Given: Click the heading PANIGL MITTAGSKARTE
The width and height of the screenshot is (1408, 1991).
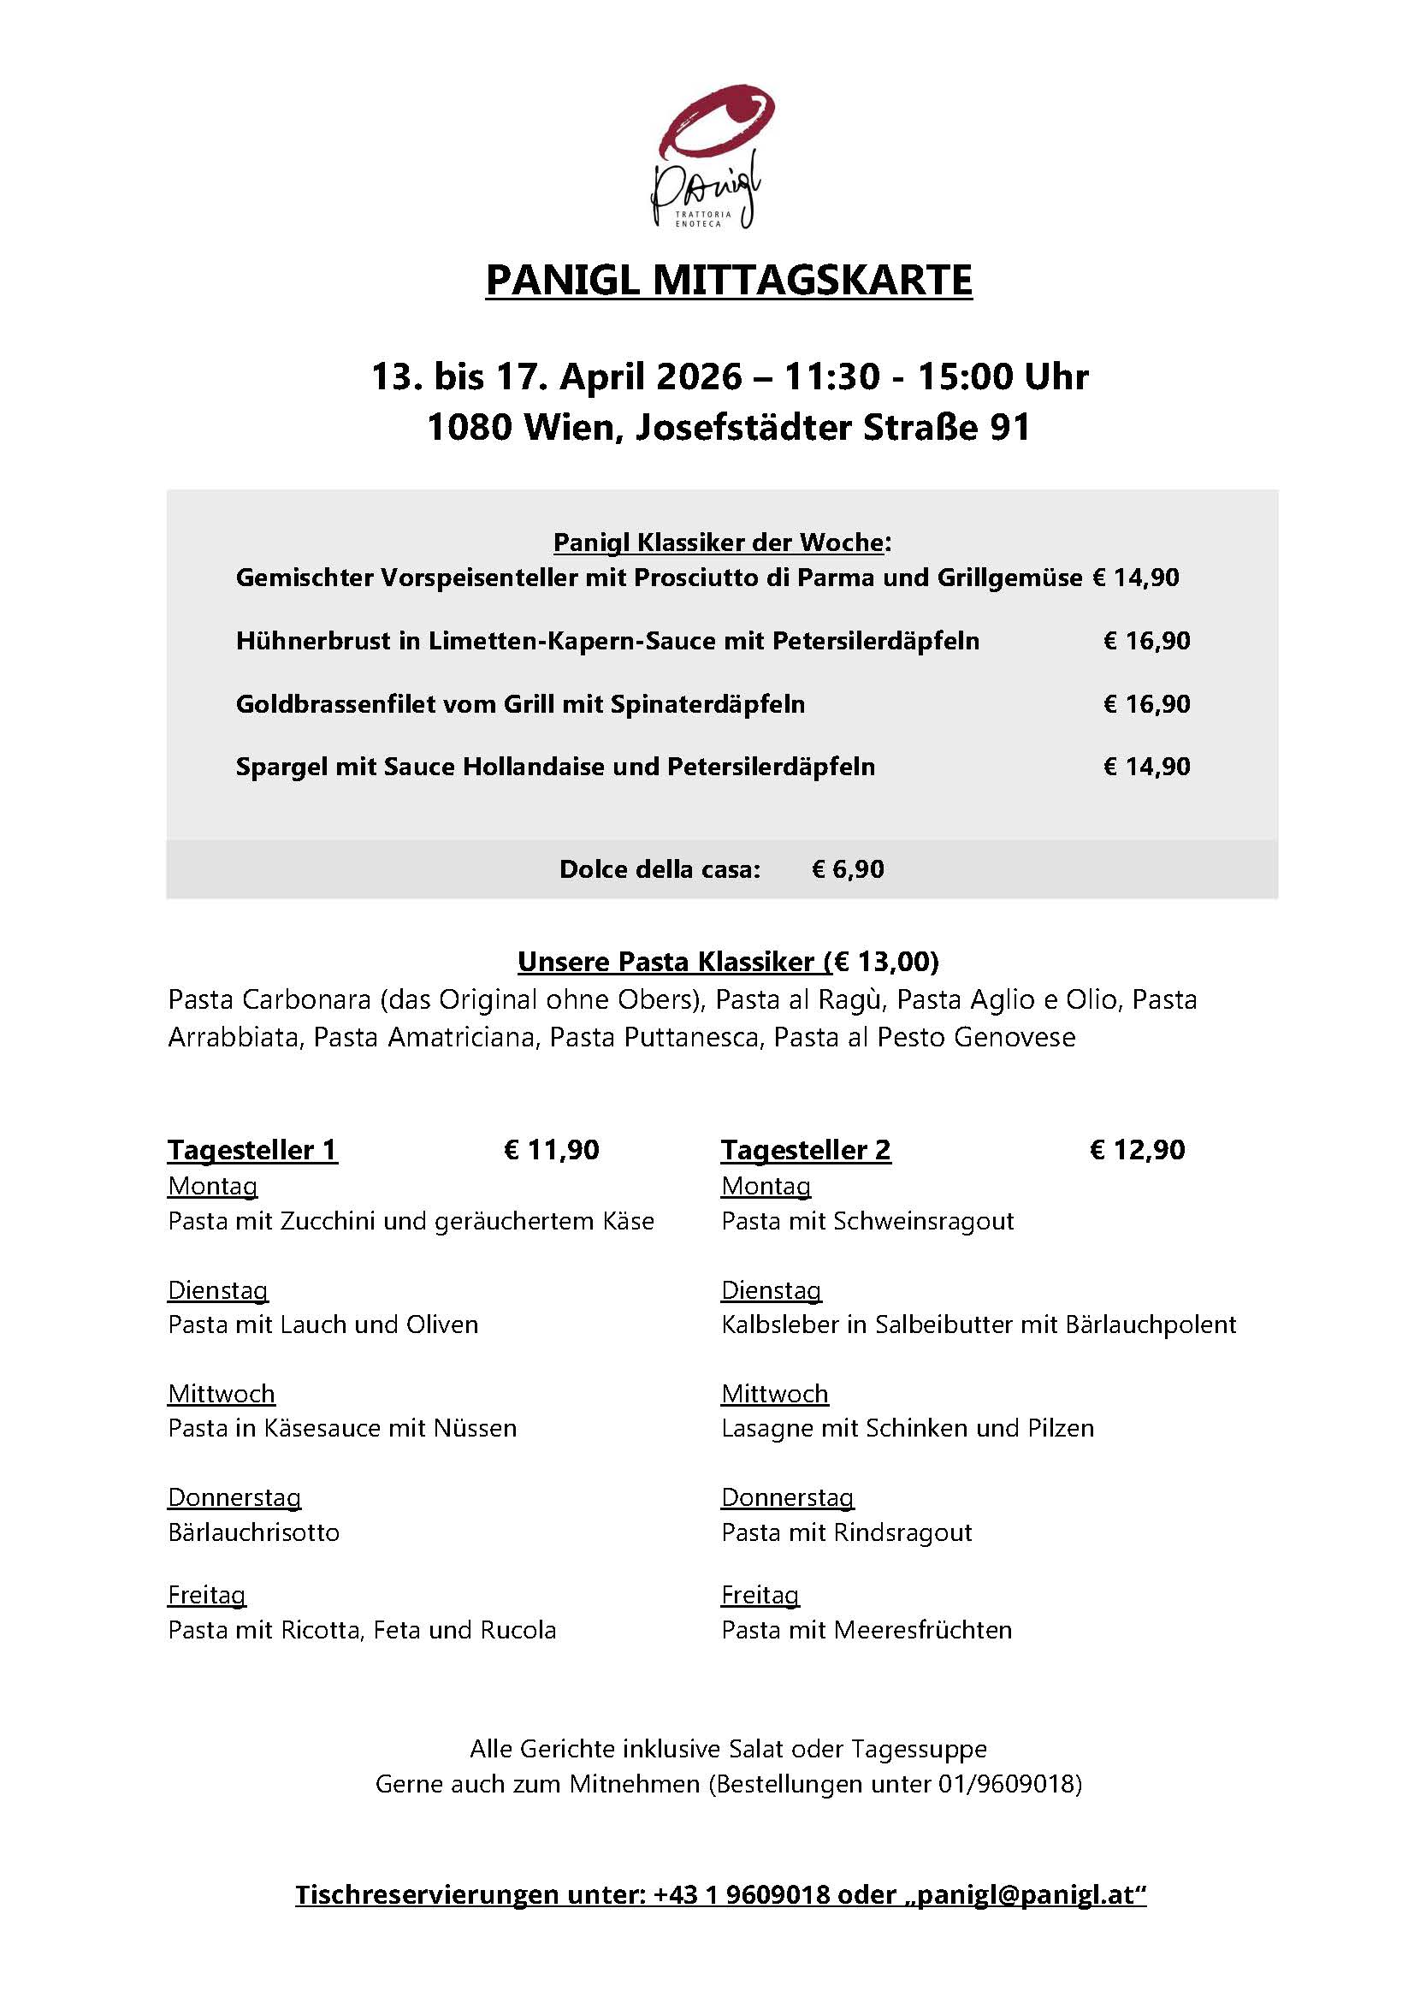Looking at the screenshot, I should pos(728,280).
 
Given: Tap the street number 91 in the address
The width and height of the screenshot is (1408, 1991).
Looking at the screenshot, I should pos(1009,427).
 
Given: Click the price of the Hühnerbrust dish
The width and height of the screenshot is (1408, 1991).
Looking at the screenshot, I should pos(1146,641).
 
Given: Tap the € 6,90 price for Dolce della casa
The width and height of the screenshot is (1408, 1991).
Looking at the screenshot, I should pos(847,869).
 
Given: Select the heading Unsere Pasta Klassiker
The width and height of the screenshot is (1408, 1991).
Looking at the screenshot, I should pos(666,961).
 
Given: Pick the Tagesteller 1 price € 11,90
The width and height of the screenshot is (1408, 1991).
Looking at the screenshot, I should pos(552,1149).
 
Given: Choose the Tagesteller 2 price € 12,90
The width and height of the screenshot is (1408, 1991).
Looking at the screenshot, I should pos(1137,1149).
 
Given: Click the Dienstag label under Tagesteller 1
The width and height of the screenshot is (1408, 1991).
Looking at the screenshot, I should pos(217,1289).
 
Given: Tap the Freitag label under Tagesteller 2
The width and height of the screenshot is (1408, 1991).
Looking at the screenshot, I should pos(760,1594).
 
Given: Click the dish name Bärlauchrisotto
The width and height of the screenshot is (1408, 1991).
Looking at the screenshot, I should pos(253,1532).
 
